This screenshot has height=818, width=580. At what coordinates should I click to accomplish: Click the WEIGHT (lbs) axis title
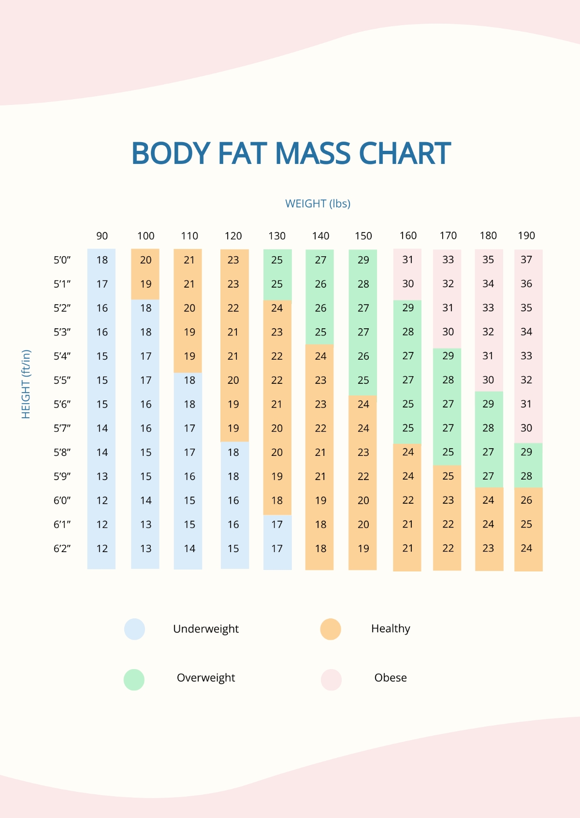pos(318,204)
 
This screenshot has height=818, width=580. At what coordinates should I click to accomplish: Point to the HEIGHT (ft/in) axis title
pos(26,384)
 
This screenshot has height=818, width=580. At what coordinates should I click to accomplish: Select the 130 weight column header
pos(277,236)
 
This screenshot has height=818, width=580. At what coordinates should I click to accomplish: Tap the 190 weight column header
pos(526,235)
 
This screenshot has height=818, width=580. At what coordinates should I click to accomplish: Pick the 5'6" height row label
pos(62,404)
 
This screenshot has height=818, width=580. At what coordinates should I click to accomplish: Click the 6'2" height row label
pos(62,549)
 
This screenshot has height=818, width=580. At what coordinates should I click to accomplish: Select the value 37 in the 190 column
pos(526,260)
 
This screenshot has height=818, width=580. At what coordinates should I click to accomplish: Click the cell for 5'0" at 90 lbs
pos(102,260)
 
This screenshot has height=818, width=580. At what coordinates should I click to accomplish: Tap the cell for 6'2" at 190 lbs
pos(526,548)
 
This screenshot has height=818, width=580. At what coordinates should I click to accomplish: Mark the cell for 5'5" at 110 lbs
pos(189,380)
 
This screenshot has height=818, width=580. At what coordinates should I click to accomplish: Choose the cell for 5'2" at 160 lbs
pos(408,308)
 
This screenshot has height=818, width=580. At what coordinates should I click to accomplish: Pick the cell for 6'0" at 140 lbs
pos(320,500)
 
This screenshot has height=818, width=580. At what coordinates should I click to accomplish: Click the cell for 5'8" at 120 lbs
pos(233,453)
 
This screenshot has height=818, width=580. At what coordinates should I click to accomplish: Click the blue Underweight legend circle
pos(134,629)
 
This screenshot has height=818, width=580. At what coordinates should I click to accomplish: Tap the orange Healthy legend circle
pos(331,629)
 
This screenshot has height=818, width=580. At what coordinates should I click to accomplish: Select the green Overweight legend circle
pos(134,679)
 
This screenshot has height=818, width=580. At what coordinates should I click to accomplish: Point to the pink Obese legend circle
pos(331,679)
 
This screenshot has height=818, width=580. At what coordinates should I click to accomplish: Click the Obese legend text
pos(391,678)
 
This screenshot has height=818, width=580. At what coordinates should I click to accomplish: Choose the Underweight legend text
pos(206,629)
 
